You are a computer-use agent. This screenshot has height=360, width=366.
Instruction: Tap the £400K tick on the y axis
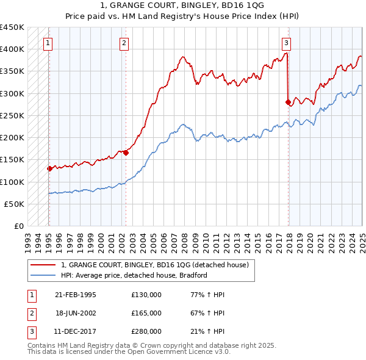(x=12, y=49)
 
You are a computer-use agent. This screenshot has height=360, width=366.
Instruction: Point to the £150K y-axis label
(x=12, y=160)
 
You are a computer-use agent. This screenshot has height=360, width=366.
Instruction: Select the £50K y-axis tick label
(x=15, y=204)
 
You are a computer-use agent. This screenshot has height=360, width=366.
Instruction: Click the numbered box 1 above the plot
(x=48, y=43)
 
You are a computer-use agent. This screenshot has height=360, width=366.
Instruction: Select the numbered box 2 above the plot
(x=124, y=43)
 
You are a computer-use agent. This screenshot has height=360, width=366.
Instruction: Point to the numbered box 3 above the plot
(x=286, y=43)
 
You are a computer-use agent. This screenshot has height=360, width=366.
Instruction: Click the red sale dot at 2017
(x=287, y=103)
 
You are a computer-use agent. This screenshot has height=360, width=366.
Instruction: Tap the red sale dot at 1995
(x=49, y=168)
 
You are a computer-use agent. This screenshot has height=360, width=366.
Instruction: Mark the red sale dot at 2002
(x=126, y=153)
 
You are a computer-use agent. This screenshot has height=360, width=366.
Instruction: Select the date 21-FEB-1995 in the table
(x=76, y=295)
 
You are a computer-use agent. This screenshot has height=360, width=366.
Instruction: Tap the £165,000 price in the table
(x=146, y=313)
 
